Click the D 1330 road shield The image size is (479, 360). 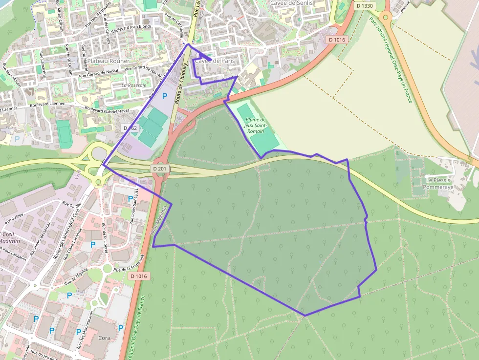pyautogui.click(x=365, y=5)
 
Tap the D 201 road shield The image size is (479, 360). pyautogui.click(x=160, y=169)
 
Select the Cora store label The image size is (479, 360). pyautogui.click(x=104, y=338)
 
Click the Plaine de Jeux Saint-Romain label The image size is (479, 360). pyautogui.click(x=256, y=126)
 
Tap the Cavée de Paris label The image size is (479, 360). pyautogui.click(x=215, y=61)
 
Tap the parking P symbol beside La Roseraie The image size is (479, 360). pyautogui.click(x=165, y=96)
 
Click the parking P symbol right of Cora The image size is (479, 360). pyautogui.click(x=121, y=328)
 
